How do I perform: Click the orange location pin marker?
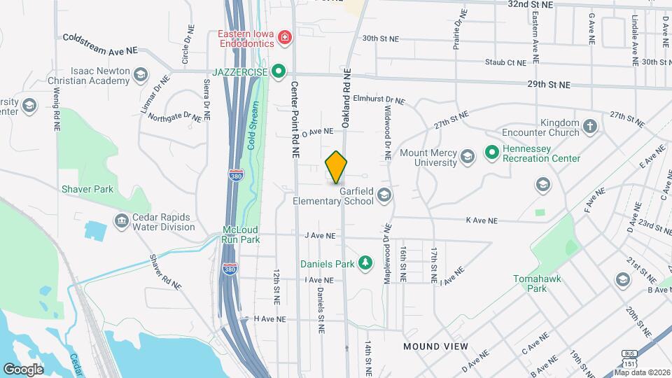pyautogui.click(x=336, y=167)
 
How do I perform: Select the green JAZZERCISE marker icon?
pyautogui.click(x=279, y=71)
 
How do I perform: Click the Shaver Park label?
pyautogui.click(x=87, y=189)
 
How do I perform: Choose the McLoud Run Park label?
pyautogui.click(x=241, y=234)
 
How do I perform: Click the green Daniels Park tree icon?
pyautogui.click(x=364, y=263)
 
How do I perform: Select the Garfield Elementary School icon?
pyautogui.click(x=384, y=196)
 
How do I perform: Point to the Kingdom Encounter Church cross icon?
pyautogui.click(x=590, y=127)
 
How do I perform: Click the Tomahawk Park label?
pyautogui.click(x=536, y=283)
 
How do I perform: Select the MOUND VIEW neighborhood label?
pyautogui.click(x=432, y=346)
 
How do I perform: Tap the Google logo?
pyautogui.click(x=24, y=369)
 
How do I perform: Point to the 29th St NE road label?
pyautogui.click(x=549, y=85)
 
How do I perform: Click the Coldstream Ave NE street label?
pyautogui.click(x=101, y=44)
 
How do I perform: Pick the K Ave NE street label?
pyautogui.click(x=481, y=220)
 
